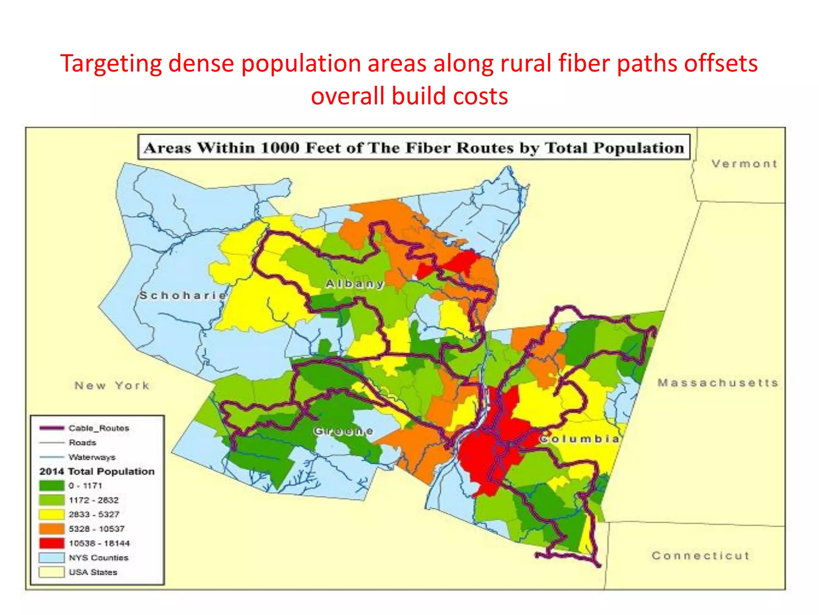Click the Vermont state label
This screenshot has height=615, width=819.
click(744, 164)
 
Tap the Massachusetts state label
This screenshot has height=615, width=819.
click(718, 383)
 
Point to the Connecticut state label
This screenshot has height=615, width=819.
click(700, 556)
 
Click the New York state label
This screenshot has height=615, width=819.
click(112, 386)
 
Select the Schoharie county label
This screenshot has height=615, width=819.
click(183, 295)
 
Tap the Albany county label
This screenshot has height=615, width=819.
click(355, 284)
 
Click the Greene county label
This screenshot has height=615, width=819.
click(343, 431)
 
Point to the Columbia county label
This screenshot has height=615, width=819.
click(579, 439)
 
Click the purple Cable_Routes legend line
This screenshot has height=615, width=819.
click(52, 428)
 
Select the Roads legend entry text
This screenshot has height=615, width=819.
click(82, 442)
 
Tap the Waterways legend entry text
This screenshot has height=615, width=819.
click(92, 457)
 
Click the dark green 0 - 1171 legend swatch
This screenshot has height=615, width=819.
click(52, 486)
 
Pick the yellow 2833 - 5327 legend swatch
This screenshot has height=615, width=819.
click(52, 515)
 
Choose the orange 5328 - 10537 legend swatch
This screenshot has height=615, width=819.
click(52, 529)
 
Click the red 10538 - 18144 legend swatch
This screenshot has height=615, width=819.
click(52, 543)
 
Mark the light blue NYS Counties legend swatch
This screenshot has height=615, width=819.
click(52, 558)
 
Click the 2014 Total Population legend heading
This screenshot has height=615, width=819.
click(97, 471)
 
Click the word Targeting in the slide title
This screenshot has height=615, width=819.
click(111, 64)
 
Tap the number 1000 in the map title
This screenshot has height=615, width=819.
click(280, 148)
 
